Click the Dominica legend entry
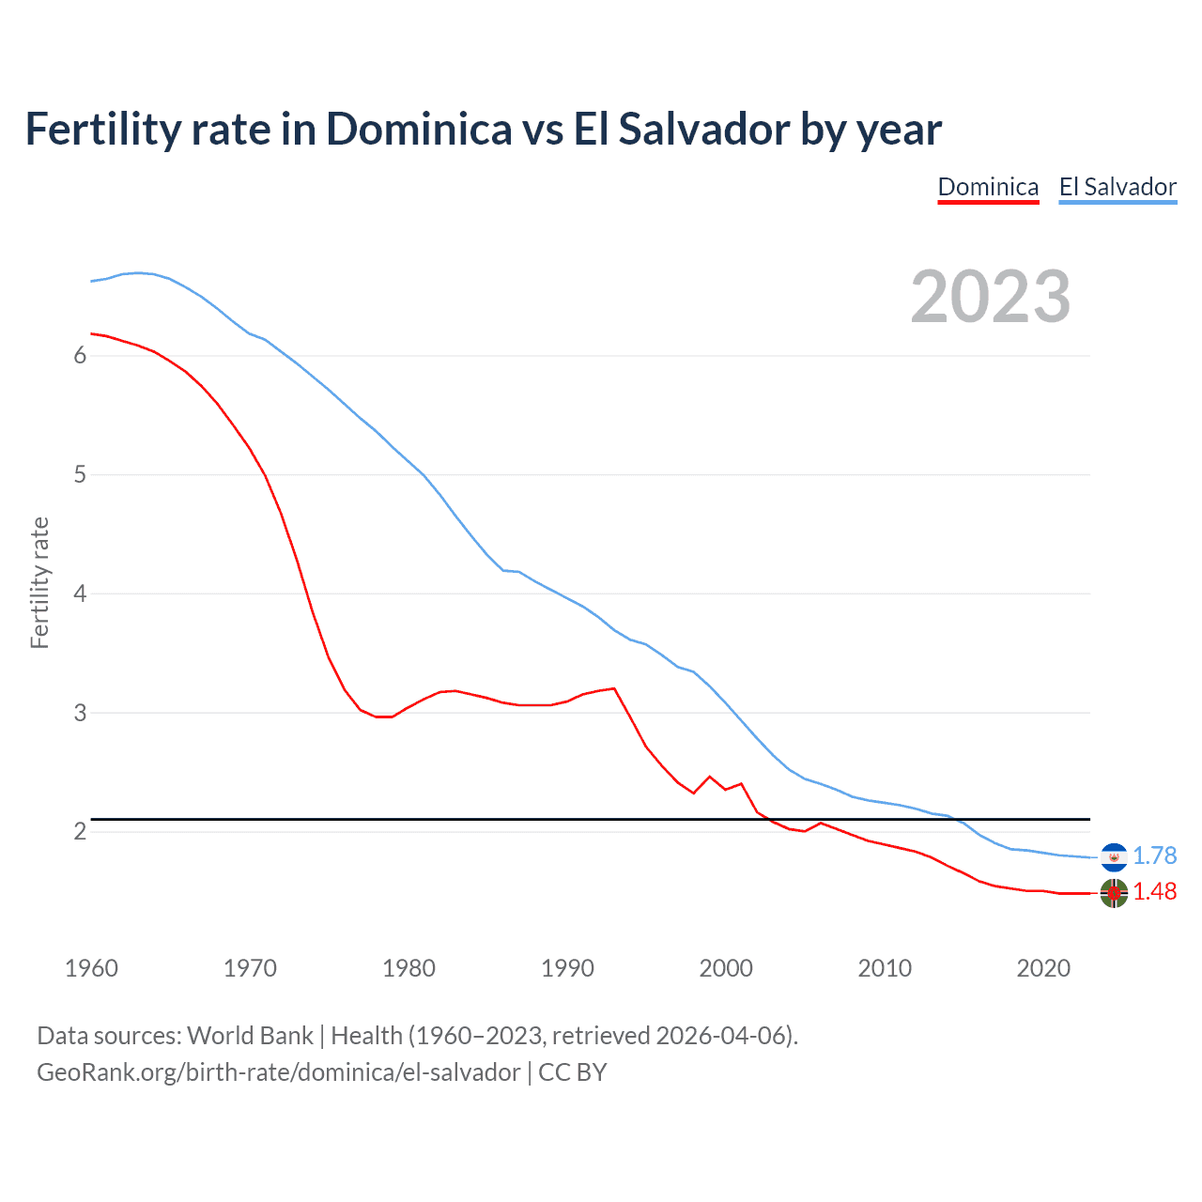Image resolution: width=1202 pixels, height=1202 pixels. pyautogui.click(x=988, y=187)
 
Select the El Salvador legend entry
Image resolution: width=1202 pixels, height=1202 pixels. pyautogui.click(x=1117, y=187)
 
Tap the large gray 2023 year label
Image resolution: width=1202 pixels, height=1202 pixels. pyautogui.click(x=990, y=297)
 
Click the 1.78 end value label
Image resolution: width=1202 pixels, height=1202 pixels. pyautogui.click(x=1154, y=855)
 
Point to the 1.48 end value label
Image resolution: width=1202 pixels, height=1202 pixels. pyautogui.click(x=1154, y=891)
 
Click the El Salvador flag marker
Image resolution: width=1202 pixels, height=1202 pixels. pyautogui.click(x=1114, y=856)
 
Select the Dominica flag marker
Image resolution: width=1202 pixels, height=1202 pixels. pyautogui.click(x=1114, y=893)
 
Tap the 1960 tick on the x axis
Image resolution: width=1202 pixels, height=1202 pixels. pyautogui.click(x=91, y=968)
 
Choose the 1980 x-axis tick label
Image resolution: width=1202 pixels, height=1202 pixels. pyautogui.click(x=408, y=968)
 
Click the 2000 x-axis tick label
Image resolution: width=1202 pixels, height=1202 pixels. pyautogui.click(x=726, y=968)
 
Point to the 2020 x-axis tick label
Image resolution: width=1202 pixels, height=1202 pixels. pyautogui.click(x=1043, y=968)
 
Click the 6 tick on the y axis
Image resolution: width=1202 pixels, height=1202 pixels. pyautogui.click(x=80, y=356)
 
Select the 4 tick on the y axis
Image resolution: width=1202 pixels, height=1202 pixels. pyautogui.click(x=80, y=593)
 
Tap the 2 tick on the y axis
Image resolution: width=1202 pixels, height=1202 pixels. pyautogui.click(x=80, y=832)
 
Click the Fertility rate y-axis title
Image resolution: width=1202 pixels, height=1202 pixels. pyautogui.click(x=39, y=582)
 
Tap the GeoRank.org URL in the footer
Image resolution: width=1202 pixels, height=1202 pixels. pyautogui.click(x=278, y=1071)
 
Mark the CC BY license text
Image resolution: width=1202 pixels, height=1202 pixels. pyautogui.click(x=572, y=1071)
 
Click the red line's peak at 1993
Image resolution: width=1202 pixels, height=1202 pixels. pyautogui.click(x=614, y=688)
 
